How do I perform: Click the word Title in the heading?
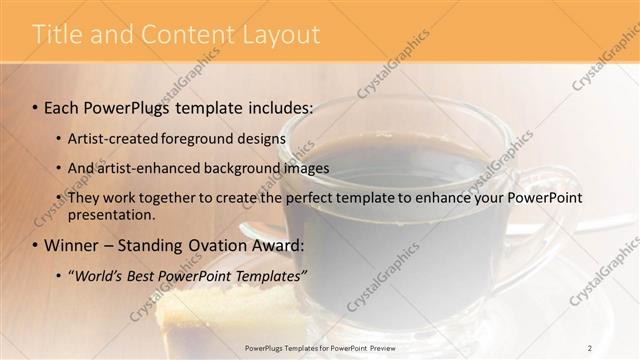tap(56, 35)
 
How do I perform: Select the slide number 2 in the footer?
tap(590, 347)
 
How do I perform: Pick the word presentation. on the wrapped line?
tap(111, 214)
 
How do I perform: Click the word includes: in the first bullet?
tap(278, 107)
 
